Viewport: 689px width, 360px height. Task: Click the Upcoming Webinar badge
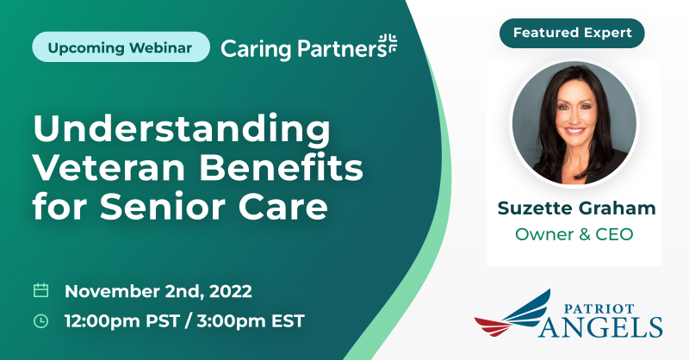point(121,47)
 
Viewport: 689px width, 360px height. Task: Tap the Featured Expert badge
point(572,33)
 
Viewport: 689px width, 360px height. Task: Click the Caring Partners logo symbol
point(388,44)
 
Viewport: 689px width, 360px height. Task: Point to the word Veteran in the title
point(109,168)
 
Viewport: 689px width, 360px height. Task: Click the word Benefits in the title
point(282,168)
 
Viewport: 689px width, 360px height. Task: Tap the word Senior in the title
point(162,207)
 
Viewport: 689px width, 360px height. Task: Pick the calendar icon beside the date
point(40,290)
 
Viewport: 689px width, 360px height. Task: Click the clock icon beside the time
point(40,321)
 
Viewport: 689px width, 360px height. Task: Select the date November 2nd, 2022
point(158,291)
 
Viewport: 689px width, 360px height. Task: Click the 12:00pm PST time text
point(122,321)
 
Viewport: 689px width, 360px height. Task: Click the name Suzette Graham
point(576,208)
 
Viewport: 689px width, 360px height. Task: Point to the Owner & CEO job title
point(574,234)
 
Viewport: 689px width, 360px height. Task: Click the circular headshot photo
point(574,122)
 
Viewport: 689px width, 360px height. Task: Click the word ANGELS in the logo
point(601,327)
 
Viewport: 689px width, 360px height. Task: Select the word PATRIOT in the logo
point(599,308)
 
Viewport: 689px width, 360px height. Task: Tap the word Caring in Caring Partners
point(256,49)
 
